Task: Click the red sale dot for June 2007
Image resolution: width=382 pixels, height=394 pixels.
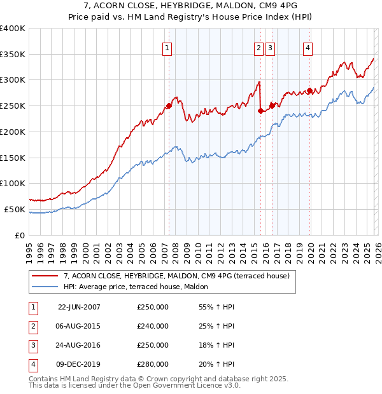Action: click(x=169, y=106)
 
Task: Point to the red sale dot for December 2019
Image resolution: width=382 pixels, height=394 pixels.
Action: click(x=310, y=90)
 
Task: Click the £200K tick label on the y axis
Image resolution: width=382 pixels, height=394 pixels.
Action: click(x=13, y=132)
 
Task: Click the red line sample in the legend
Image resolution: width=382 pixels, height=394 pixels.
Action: click(x=45, y=276)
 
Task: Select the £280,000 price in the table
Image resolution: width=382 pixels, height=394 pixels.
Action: click(x=153, y=364)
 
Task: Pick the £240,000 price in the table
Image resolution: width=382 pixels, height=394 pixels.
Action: click(x=153, y=326)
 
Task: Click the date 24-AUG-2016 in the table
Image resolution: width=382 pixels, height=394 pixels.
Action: click(x=79, y=345)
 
